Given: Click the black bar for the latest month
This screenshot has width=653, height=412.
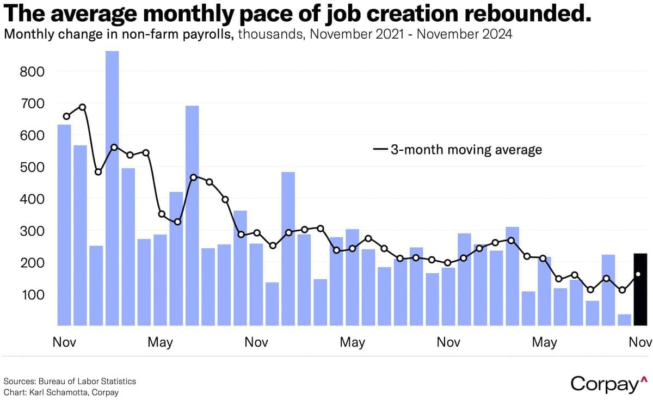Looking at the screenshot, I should click(640, 294).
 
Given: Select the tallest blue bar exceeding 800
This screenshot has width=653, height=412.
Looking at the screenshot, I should click(112, 188).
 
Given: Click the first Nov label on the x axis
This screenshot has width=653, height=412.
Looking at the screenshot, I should click(64, 342).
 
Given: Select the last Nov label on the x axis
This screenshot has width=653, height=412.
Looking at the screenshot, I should click(640, 342).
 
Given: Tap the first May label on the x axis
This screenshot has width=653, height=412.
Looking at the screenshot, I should click(160, 342).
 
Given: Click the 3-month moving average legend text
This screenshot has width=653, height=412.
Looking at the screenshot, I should click(466, 149).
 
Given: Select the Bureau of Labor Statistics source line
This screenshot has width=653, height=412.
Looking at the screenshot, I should click(70, 381).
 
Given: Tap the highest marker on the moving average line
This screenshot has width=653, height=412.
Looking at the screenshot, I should click(83, 107).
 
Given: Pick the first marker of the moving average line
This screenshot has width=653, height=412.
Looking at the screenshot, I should click(66, 116).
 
